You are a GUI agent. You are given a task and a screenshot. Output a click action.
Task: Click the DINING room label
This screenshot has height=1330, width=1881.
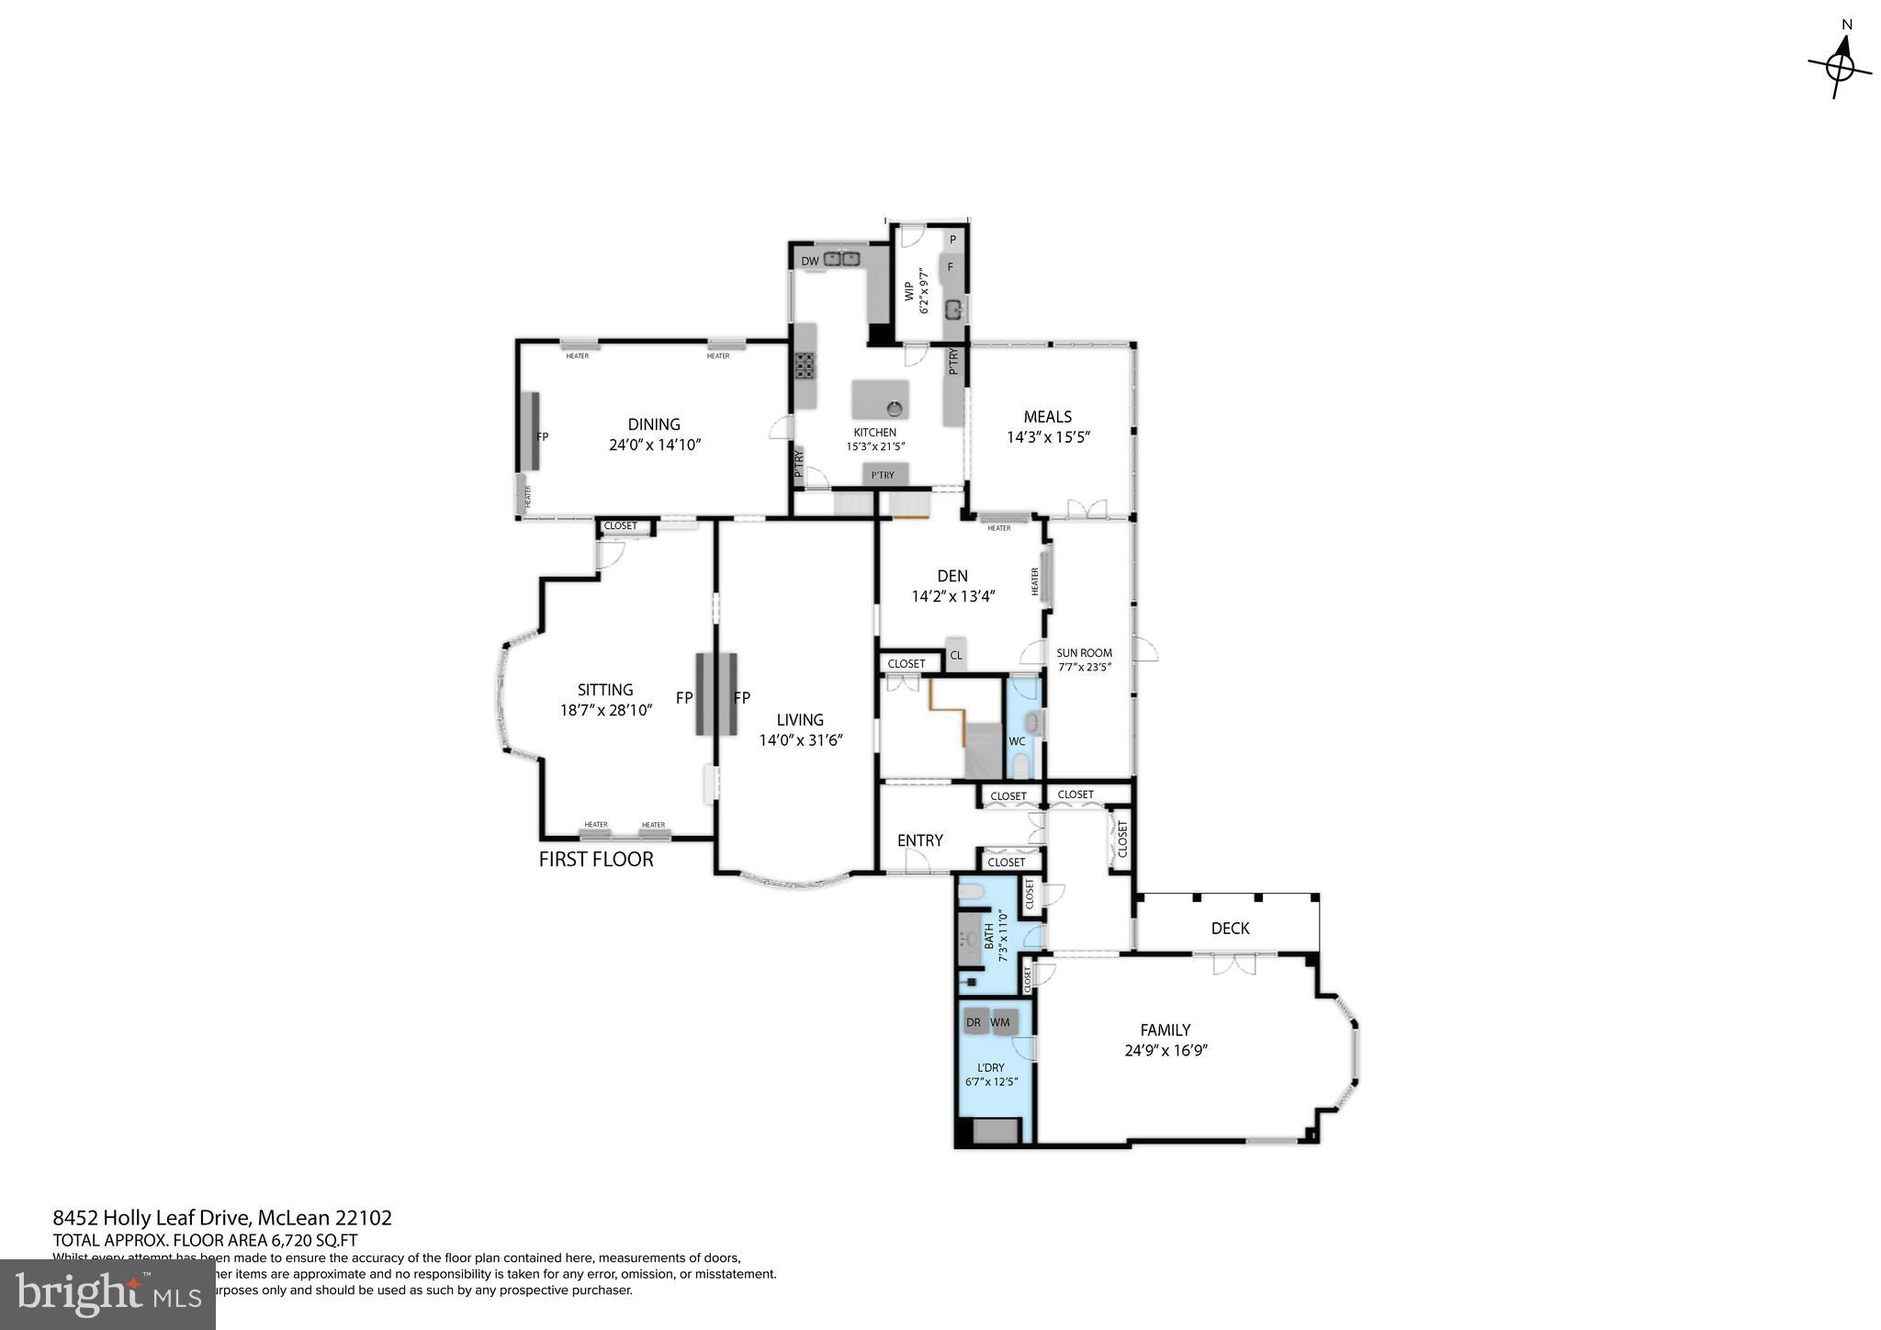point(654,424)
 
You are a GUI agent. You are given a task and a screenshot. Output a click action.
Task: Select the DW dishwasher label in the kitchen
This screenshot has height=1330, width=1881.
point(809,261)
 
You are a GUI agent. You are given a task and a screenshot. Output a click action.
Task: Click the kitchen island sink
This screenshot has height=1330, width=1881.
point(894,407)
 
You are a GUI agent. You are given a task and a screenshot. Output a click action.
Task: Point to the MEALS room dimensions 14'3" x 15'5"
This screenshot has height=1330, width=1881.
point(1047,437)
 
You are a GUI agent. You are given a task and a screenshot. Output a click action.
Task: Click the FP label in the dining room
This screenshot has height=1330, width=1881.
point(542,437)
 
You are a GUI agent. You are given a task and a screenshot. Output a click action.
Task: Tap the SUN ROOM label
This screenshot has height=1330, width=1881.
point(1084,653)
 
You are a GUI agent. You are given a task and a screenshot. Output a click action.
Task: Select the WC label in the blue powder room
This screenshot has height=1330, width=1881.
point(1017,741)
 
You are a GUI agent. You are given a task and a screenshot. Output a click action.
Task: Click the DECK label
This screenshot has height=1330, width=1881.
point(1230,928)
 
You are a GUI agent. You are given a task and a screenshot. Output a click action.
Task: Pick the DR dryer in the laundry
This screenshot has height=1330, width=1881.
point(974,1022)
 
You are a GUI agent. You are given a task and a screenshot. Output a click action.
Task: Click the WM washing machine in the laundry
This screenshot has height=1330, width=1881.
point(1000,1022)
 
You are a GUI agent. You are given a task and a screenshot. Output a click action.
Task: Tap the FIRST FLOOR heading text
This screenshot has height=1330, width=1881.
point(596,860)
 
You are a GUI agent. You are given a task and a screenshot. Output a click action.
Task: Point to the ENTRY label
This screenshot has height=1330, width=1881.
point(919,840)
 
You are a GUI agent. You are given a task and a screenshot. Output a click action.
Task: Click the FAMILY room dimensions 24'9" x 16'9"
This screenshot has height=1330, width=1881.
point(1166,1051)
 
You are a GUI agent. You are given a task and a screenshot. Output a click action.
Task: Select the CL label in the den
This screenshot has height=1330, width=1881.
point(956,655)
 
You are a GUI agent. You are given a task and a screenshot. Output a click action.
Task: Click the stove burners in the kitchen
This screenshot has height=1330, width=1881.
point(805,366)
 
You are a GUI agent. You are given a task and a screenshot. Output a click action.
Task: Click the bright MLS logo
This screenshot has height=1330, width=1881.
point(107,1294)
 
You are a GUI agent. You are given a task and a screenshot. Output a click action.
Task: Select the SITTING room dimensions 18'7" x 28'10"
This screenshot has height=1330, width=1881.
point(605,710)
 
